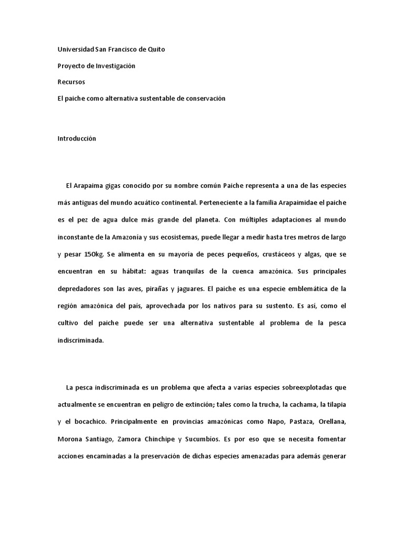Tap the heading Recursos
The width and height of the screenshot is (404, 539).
tap(71, 82)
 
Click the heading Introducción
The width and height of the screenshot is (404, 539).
tap(77, 138)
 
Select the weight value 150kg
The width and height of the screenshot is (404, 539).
tap(94, 254)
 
